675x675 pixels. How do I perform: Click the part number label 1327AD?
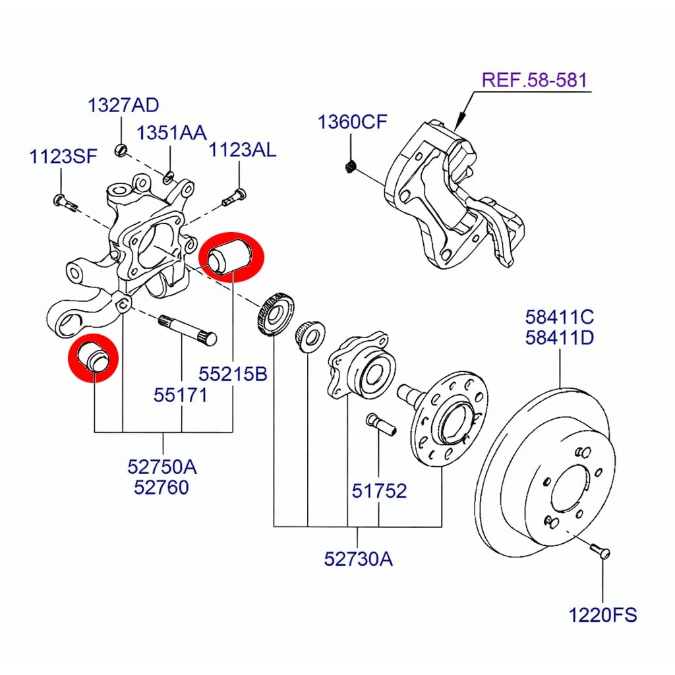(123, 105)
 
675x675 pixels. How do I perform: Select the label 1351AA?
(171, 132)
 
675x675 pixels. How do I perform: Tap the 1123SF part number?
(63, 157)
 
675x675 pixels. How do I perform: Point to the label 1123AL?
(243, 150)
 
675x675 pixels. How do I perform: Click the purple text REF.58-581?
(534, 80)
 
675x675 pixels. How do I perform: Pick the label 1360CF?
(352, 122)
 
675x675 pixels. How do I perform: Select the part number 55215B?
(233, 374)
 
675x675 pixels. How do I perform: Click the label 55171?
(181, 395)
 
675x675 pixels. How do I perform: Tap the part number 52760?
(161, 487)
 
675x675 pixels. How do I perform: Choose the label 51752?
(378, 490)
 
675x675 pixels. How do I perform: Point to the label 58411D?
(560, 338)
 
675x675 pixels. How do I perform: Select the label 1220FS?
(603, 616)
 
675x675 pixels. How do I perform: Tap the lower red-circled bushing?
(94, 358)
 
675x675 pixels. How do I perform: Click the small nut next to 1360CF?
(351, 165)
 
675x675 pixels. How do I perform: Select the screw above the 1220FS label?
(601, 548)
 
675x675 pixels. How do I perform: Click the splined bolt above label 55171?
(189, 329)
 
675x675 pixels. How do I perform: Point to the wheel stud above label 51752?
(379, 423)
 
